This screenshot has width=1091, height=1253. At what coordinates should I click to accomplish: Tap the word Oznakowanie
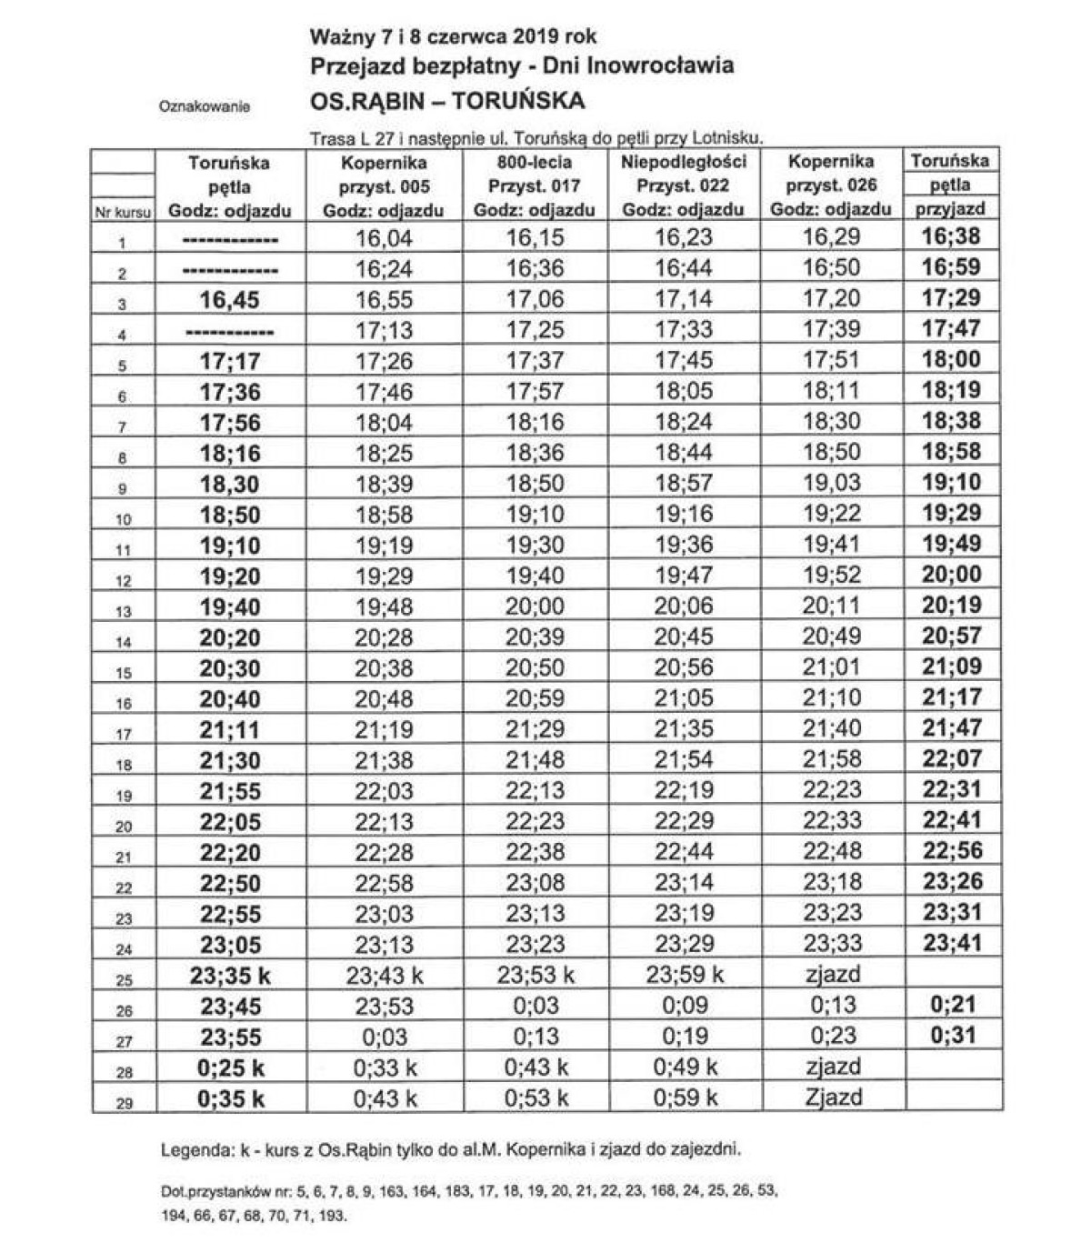point(204,106)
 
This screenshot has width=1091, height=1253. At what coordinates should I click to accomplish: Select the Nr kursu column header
point(123,212)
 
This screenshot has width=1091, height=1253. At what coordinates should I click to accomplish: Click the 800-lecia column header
point(534,162)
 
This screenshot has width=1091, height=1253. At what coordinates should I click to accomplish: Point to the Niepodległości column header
point(683,162)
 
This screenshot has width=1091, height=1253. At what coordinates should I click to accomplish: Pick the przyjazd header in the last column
point(949,209)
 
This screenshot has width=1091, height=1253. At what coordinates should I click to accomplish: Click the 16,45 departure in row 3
point(229,300)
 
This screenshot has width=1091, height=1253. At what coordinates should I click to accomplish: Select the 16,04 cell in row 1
point(384,238)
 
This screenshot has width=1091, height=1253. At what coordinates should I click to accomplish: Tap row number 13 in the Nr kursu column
point(123,612)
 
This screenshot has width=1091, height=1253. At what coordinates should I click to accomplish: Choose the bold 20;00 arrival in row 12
point(952,574)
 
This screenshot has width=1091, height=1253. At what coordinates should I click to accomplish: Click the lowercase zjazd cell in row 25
point(833,974)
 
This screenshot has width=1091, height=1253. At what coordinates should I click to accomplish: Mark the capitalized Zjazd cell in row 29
point(833,1097)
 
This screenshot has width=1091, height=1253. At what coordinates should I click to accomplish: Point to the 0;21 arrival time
point(952,1004)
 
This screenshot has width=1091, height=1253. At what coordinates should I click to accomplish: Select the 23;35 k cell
point(230,976)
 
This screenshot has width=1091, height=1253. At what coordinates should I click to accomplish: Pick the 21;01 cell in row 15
point(831,667)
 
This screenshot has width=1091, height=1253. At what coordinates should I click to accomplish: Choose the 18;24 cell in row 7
point(683,422)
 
